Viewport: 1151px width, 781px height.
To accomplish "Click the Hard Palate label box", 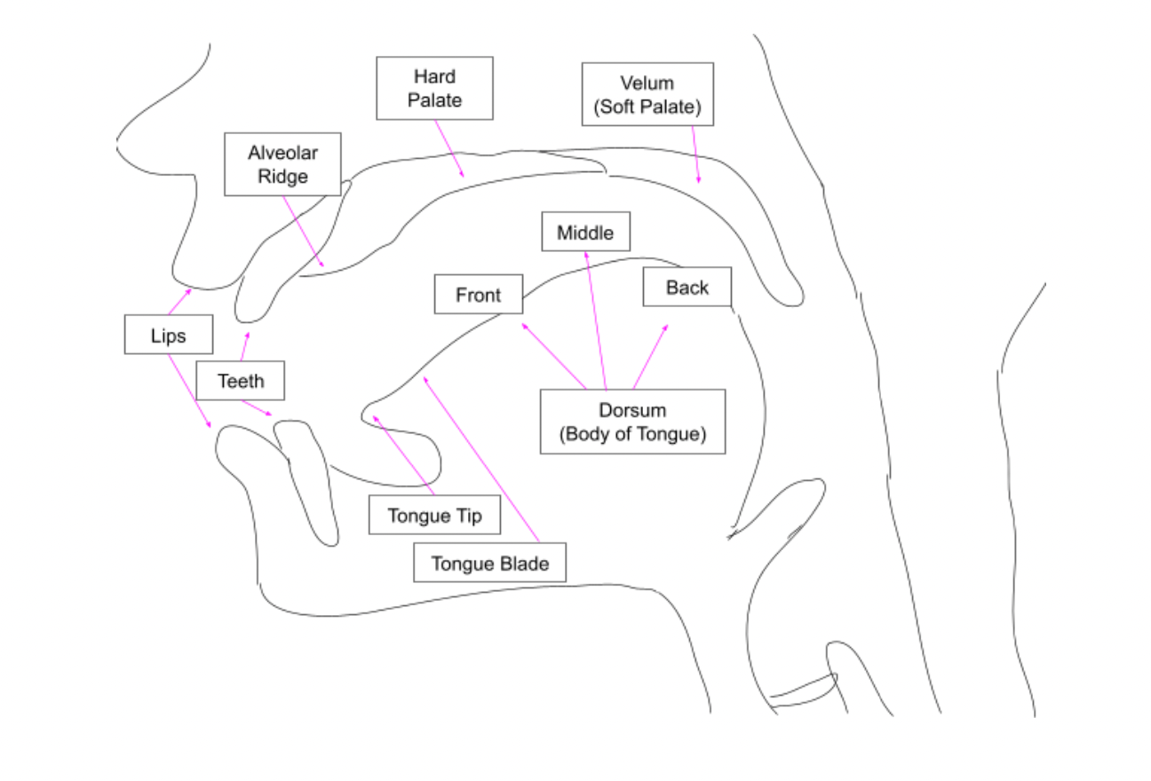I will (434, 89).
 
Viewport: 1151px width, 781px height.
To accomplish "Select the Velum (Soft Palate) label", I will (647, 94).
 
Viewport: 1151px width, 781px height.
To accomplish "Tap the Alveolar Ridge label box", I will (282, 164).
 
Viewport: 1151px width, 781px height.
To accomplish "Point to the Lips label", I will (169, 335).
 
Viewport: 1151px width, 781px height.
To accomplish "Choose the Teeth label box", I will (241, 381).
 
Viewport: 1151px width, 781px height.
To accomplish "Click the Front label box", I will (479, 295).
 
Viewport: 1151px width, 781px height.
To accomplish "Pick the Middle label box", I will (585, 232).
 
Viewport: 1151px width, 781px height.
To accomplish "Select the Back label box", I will (687, 287).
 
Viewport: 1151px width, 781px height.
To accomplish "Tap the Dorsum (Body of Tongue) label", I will (632, 422).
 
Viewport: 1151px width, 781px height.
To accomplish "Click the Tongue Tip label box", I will (434, 516).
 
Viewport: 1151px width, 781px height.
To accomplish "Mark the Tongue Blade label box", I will (489, 563).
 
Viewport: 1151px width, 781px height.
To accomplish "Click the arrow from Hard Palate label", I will (448, 148).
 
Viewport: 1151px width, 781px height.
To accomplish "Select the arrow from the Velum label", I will (695, 154).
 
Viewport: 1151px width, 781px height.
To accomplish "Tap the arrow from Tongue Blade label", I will (481, 458).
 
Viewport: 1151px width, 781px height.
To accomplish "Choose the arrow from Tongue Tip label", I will (403, 455).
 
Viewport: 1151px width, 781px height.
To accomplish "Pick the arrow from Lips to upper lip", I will (179, 302).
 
